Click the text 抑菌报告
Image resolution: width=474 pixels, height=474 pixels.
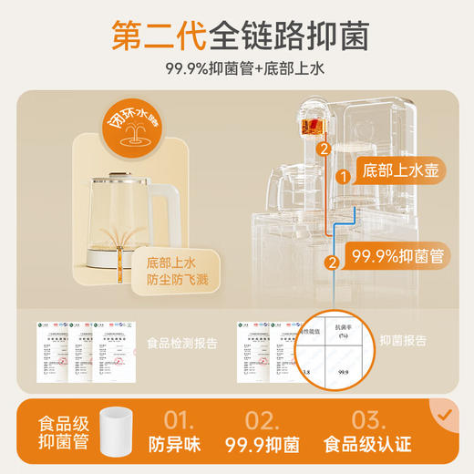[406, 339]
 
